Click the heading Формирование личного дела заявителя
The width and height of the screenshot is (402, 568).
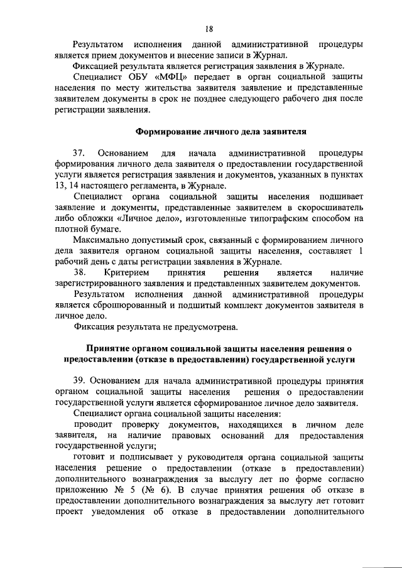click(x=221, y=132)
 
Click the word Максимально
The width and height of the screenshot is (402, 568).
click(x=102, y=241)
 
